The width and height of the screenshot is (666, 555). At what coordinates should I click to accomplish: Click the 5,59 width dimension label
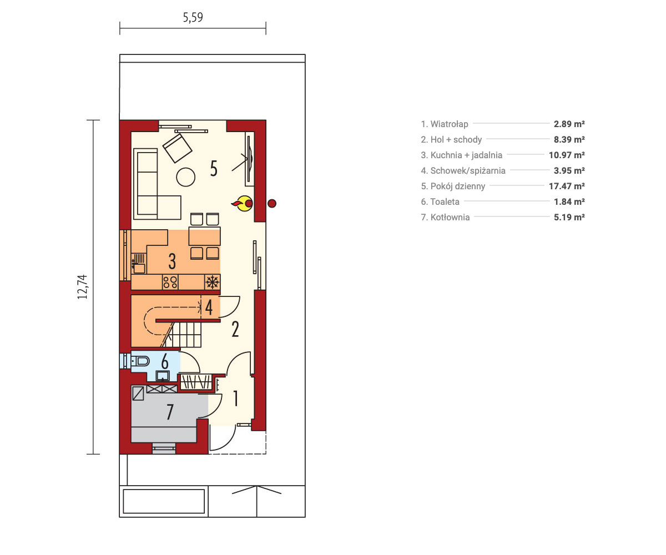point(193,17)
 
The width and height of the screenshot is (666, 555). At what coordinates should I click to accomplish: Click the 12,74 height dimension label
point(82,287)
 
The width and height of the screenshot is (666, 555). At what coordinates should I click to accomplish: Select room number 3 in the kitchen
point(172,261)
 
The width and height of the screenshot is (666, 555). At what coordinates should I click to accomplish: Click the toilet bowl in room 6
point(140,362)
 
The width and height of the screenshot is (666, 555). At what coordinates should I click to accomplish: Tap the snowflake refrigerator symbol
point(212,282)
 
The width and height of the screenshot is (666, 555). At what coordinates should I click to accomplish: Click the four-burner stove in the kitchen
point(170,282)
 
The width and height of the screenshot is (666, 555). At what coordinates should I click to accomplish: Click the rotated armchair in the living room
point(178,148)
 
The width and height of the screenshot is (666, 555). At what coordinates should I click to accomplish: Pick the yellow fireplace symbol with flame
point(243,204)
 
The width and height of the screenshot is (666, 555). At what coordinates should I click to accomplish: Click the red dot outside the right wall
point(272,204)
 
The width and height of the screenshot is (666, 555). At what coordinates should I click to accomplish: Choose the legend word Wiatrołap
point(449,124)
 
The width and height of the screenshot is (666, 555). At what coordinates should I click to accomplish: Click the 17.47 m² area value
point(567,186)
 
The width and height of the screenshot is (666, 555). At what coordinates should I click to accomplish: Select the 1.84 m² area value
point(569,201)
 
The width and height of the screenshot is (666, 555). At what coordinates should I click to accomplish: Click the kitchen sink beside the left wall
point(139,264)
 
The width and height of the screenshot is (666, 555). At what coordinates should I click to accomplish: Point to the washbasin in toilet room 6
point(163,376)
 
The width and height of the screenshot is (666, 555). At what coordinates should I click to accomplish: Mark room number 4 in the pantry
point(209,307)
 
